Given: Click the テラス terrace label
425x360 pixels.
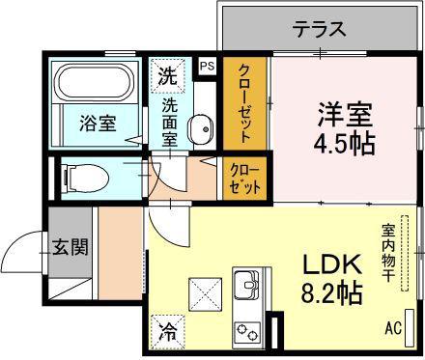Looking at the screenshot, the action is click(320, 29).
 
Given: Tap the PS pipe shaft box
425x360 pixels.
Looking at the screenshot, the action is click(207, 67).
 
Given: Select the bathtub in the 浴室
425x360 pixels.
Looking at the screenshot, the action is click(94, 81).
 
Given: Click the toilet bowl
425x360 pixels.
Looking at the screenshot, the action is click(86, 179).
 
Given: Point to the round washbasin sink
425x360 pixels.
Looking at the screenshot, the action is click(201, 128).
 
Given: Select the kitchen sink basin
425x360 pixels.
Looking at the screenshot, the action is click(246, 283).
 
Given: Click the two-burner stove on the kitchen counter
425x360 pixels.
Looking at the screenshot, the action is click(247, 333).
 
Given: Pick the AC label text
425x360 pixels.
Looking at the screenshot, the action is click(393, 328).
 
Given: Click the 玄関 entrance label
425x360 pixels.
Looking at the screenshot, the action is click(71, 247).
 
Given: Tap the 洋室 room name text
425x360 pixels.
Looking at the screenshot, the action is click(345, 114).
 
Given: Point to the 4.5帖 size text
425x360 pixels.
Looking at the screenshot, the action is click(345, 144).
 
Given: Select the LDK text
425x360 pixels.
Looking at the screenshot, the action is click(331, 264).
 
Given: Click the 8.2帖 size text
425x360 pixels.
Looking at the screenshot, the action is click(331, 292).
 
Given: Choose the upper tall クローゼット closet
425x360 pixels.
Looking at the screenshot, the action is click(245, 103).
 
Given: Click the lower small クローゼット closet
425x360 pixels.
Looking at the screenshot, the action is click(245, 178).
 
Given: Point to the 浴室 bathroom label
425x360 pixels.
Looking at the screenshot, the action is click(98, 124).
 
